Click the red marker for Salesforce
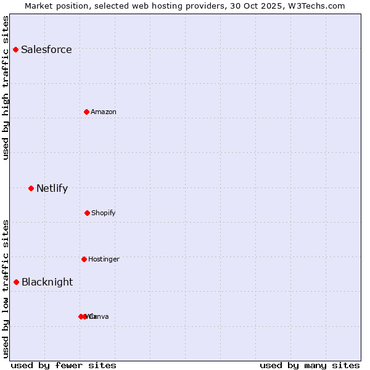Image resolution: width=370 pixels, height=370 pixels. pos(15,49)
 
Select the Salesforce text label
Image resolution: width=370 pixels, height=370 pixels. pos(46,50)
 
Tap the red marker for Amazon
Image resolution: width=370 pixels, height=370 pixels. pos(86,112)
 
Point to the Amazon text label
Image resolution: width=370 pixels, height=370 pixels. pos(104,112)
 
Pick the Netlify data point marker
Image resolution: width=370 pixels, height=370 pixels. pos(31,188)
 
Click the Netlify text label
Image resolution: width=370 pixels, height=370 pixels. pos(52,189)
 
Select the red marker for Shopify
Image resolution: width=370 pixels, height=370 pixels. pos(87,213)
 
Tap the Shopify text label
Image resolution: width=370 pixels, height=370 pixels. pos(104,213)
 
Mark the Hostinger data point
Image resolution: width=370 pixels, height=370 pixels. pos(84,259)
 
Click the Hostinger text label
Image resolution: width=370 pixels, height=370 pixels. pos(104,260)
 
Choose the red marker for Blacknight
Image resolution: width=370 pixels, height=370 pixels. pos(16,282)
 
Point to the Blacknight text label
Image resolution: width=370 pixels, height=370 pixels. pos(47,282)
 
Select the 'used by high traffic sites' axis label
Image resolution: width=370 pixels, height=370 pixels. pos(6,88)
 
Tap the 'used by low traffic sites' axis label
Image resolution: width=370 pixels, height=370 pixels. pos(6,289)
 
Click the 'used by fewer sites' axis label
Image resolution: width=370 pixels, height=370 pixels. pos(64,366)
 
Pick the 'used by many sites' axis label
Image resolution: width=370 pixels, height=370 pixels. pos(310,366)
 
